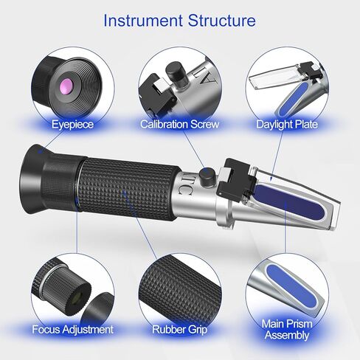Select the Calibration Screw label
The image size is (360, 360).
(x=179, y=125)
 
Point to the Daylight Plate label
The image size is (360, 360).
(x=287, y=125)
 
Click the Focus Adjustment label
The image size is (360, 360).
(x=72, y=328)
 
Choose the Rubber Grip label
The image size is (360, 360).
(x=179, y=328)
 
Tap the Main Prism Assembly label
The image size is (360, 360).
(x=287, y=329)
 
